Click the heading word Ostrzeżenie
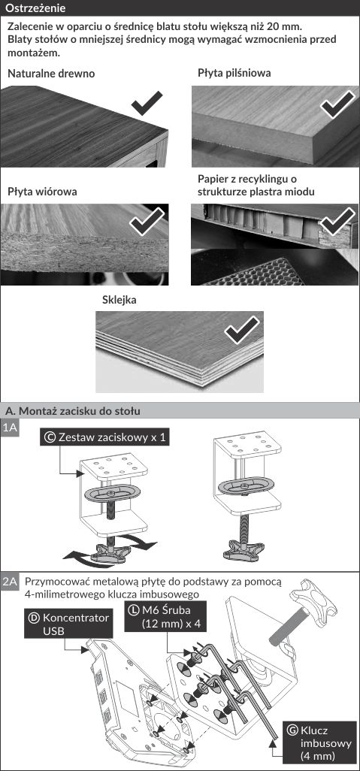pos(35,8)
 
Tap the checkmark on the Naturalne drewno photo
pos(147,103)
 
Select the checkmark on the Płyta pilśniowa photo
pos(337,104)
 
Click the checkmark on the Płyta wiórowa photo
pos(147,222)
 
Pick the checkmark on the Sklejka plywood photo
pos(242,329)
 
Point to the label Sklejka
pos(119,300)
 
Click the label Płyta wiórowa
pos(42,192)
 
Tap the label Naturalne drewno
pos(51,74)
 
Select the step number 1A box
pos(10,428)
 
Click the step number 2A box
pos(10,582)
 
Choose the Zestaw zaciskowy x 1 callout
pos(104,437)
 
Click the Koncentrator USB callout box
pos(69,624)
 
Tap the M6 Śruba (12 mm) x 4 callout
pos(165,617)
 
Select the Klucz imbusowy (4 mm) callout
pos(319,742)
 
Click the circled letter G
pos(292,730)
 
